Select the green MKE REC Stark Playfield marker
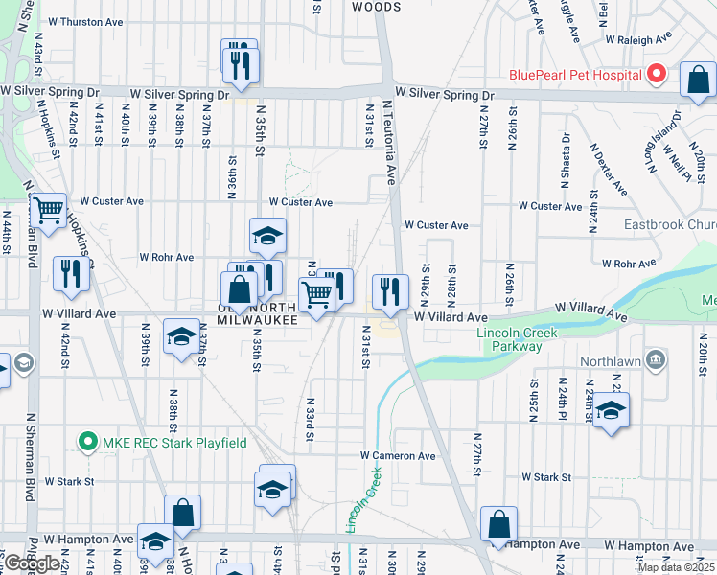(88, 442)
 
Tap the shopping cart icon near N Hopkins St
(48, 209)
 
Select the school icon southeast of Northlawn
(610, 411)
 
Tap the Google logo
(32, 563)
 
